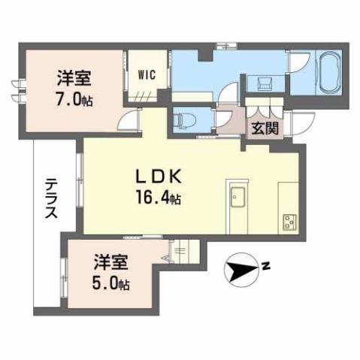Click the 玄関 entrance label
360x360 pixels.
click(x=266, y=129)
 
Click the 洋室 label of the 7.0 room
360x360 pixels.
click(x=74, y=76)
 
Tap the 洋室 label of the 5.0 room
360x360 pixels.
click(x=111, y=262)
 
